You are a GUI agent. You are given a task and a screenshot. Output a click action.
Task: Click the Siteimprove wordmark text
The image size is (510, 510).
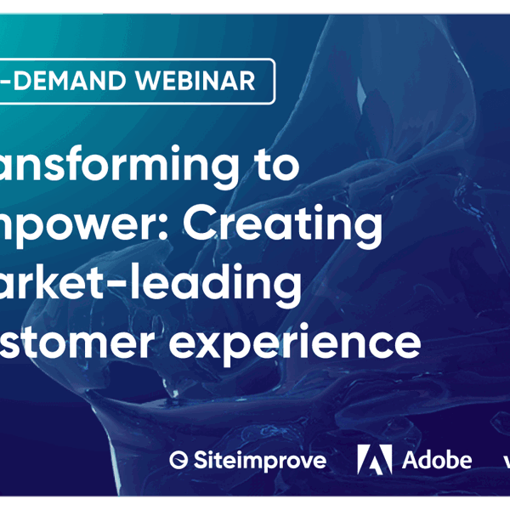(259, 461)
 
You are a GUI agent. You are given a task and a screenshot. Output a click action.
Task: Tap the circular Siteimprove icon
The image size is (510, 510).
(178, 461)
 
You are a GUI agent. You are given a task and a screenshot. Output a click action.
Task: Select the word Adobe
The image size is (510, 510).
(436, 460)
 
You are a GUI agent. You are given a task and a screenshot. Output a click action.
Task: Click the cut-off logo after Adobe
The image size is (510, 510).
(505, 461)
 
